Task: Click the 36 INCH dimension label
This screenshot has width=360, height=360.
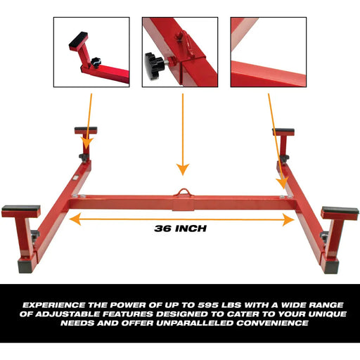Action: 180,228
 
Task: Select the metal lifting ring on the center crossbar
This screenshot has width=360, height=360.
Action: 183,192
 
